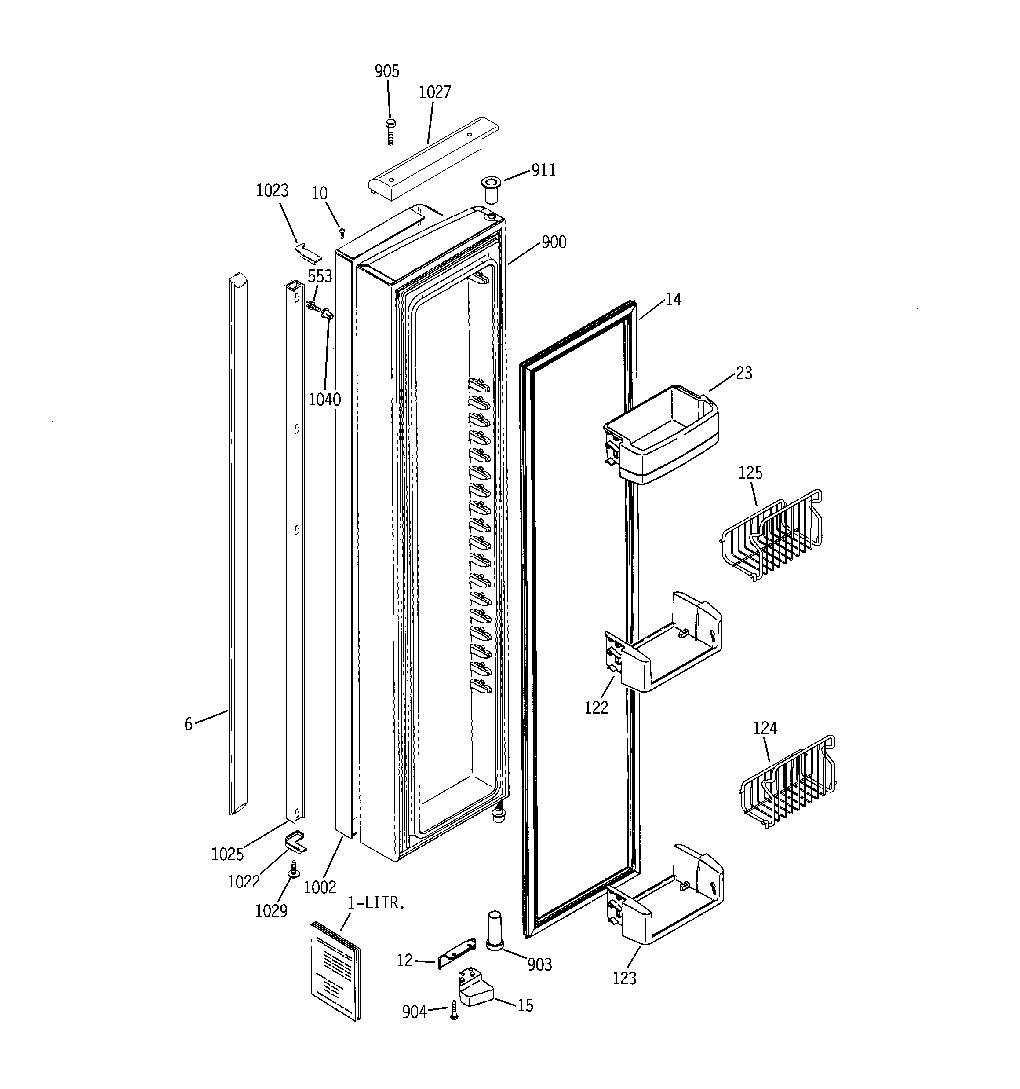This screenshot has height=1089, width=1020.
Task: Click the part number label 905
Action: (x=386, y=71)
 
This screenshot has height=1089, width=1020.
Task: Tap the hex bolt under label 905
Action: (x=390, y=132)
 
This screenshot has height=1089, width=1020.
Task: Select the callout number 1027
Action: (x=435, y=92)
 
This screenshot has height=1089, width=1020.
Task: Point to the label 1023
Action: (x=272, y=191)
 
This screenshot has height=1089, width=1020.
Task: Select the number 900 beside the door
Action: (x=554, y=242)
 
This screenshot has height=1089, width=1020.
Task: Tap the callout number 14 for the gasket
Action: (x=674, y=299)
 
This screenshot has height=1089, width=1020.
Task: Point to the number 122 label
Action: (x=596, y=708)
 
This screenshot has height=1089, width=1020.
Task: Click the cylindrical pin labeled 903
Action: (x=495, y=931)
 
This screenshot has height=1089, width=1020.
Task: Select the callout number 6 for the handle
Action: (x=188, y=724)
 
